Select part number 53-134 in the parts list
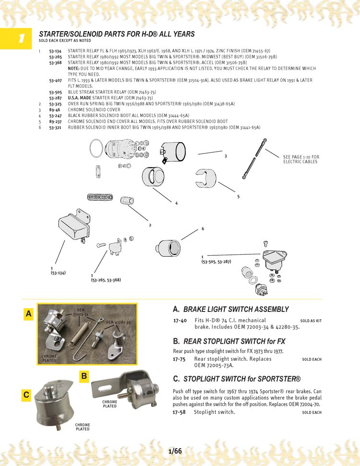55,50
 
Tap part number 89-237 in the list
55,122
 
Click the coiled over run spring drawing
100,197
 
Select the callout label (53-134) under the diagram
58,273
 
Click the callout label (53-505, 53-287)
216,262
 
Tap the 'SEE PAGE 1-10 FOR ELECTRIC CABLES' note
301,159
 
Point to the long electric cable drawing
254,159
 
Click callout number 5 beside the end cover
238,197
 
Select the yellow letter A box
29,314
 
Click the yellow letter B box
84,377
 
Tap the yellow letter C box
26,395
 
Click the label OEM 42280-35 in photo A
118,323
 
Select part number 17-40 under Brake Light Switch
180,320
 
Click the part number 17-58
180,412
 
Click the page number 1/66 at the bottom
175,451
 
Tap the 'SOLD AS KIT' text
311,321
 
